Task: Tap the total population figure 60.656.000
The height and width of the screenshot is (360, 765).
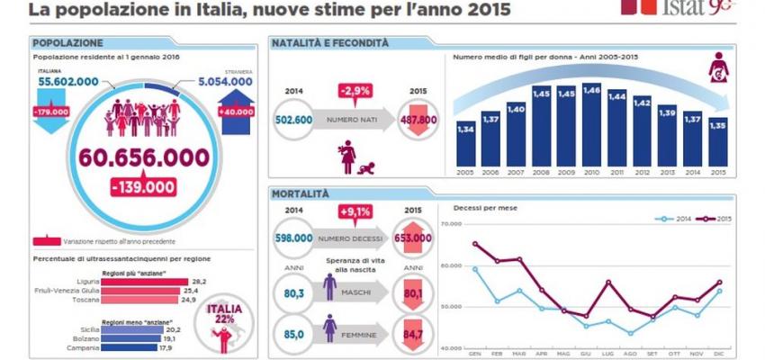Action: click(144, 157)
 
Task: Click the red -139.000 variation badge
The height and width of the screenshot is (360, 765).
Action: click(144, 186)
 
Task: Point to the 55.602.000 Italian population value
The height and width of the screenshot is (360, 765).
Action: click(68, 81)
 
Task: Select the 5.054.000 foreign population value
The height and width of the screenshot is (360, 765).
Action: click(221, 81)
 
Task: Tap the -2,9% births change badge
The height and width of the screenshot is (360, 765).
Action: click(355, 91)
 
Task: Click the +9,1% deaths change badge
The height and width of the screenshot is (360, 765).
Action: click(355, 212)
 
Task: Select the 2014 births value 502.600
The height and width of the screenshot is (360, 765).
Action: click(292, 120)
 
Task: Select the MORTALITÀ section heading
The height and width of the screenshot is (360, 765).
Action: click(301, 193)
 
